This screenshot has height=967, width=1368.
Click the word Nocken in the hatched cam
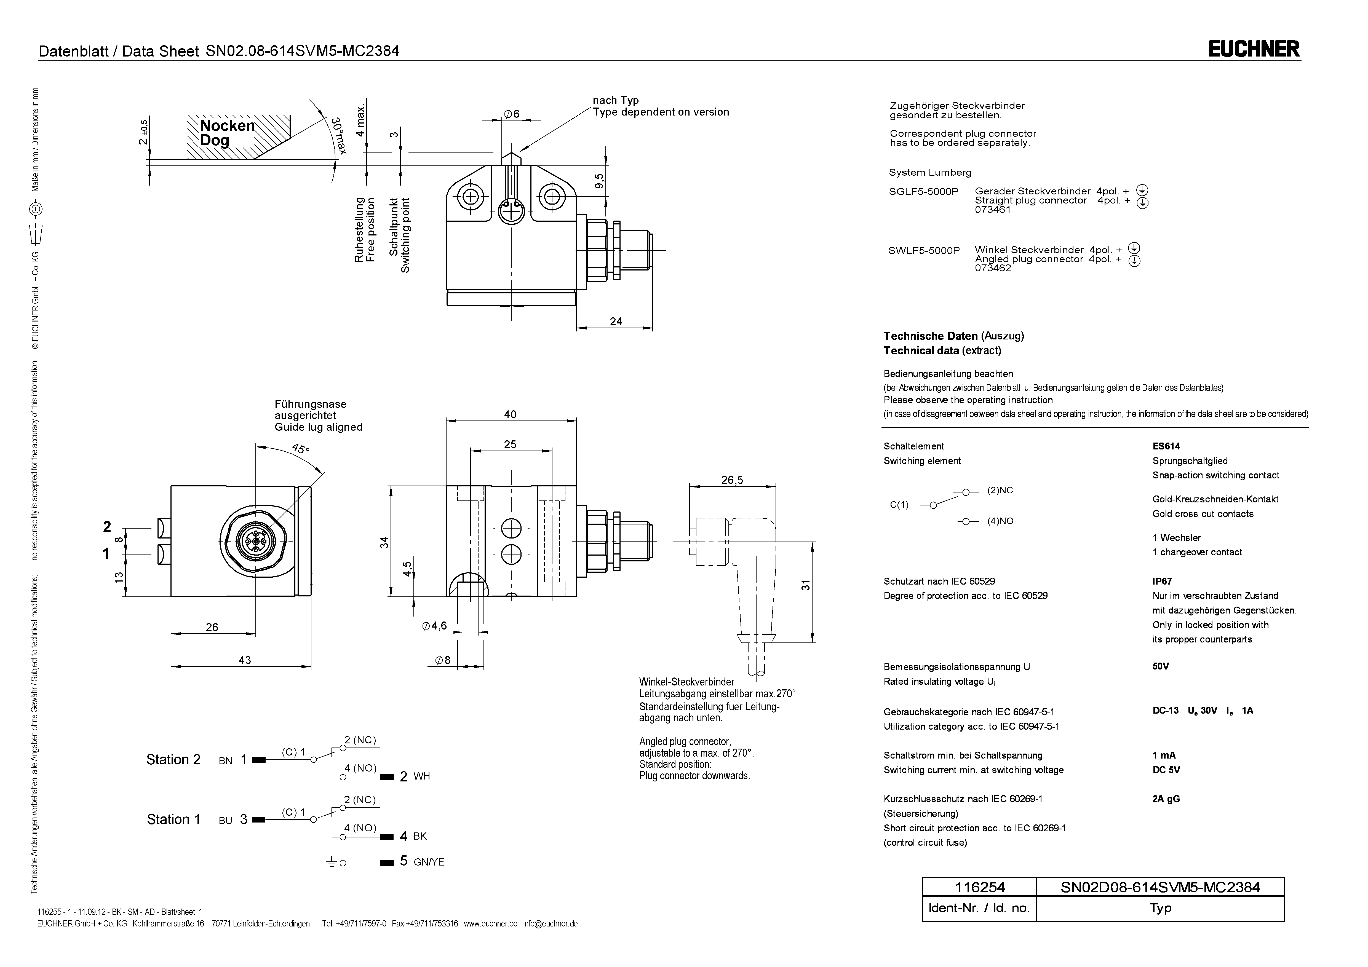pos(227,126)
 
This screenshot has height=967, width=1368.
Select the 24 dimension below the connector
pos(616,322)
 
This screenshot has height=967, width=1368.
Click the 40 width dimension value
pos(510,415)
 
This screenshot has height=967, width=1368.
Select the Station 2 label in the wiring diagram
pos(173,760)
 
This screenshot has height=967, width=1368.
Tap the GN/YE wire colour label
pos(429,862)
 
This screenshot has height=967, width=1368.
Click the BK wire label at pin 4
pos(420,837)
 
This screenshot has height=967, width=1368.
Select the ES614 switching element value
pos(1166,446)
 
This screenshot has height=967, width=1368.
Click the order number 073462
pos(993,268)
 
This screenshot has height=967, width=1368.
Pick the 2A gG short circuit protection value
pos(1166,799)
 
